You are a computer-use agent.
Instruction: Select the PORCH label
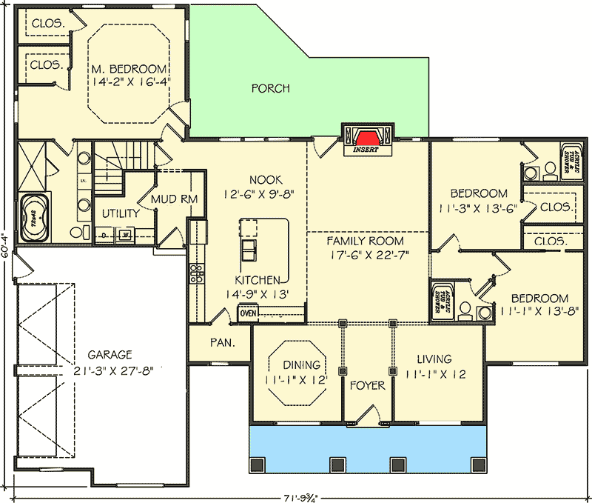(x=270, y=88)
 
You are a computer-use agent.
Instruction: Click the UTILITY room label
(x=121, y=214)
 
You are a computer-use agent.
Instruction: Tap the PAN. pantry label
(x=221, y=343)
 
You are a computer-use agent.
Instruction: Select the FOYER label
(x=367, y=386)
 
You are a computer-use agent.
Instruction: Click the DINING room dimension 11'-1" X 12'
(x=295, y=380)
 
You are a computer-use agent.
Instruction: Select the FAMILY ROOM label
(x=366, y=241)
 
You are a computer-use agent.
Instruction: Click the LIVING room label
(x=433, y=359)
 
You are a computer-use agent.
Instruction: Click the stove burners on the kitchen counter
(x=197, y=275)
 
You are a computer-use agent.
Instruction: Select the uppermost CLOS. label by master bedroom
(x=48, y=24)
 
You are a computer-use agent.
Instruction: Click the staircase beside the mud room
(x=126, y=157)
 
